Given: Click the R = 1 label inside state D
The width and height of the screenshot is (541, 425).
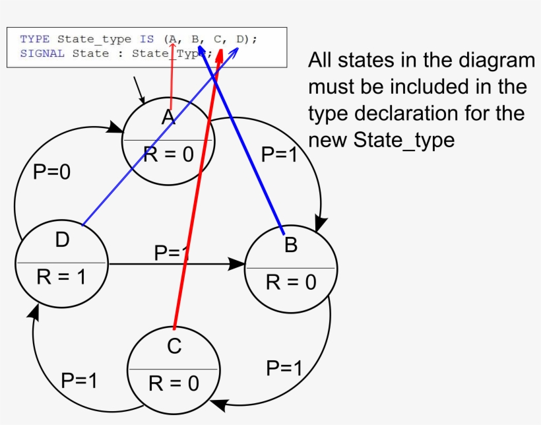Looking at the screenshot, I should click(61, 277).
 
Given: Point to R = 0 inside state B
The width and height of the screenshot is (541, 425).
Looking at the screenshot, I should click(291, 282).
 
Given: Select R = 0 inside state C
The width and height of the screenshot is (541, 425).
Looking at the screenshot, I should click(174, 383).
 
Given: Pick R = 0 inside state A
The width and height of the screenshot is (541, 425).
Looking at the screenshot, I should click(168, 154).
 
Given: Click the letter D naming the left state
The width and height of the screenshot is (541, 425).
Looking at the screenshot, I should click(62, 240).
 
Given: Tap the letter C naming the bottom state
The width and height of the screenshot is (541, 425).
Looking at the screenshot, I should click(174, 346).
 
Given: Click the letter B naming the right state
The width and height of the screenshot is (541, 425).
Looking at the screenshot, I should click(291, 245).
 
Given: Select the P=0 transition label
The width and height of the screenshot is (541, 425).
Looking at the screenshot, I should click(51, 172).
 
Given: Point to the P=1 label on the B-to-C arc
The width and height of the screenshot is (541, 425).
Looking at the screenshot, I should click(284, 368).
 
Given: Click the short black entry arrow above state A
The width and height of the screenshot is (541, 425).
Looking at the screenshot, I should click(139, 90).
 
